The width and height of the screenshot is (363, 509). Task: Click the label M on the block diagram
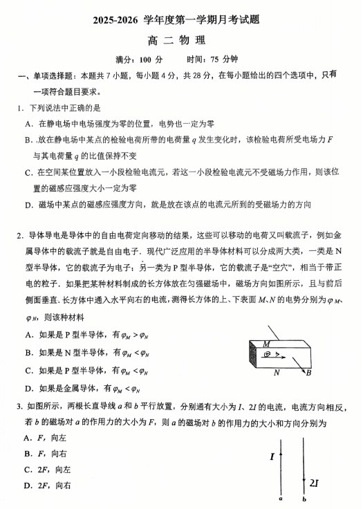tap(266, 344)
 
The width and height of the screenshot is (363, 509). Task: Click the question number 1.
tap(21, 109)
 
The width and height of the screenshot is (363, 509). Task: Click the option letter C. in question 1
tap(30, 172)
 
